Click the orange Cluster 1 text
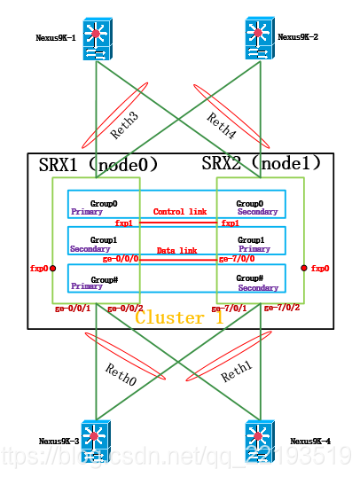coord(179,317)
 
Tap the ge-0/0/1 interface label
coord(73,308)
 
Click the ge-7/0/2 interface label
coord(284,308)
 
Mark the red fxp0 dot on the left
coord(53,268)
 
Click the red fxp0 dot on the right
coord(302,266)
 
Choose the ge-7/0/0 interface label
coord(237,261)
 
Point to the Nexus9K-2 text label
coord(299,37)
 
